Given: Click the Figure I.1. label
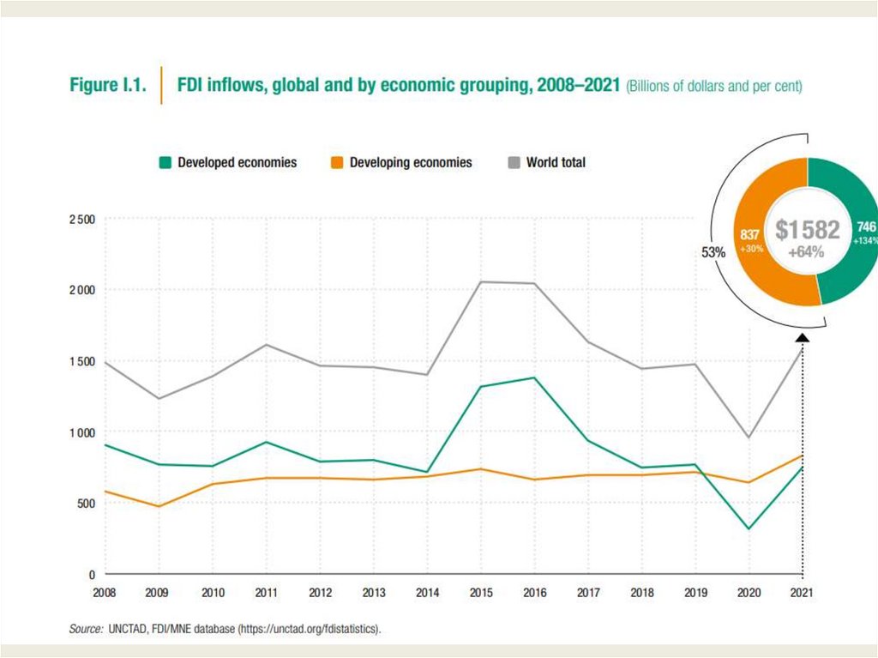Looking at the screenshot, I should [107, 86].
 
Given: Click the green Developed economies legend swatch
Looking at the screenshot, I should [166, 162].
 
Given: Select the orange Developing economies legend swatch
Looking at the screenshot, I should [338, 162].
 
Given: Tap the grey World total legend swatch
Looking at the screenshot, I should [514, 162].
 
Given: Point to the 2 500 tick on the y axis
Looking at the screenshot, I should [82, 220].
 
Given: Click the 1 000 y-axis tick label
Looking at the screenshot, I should [82, 432].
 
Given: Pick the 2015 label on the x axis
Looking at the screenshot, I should [480, 593].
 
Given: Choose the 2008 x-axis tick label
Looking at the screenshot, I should [105, 593].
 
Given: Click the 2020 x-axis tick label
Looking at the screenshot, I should [749, 593].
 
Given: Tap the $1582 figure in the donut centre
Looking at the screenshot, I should [807, 230].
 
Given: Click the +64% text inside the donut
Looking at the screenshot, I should [807, 252].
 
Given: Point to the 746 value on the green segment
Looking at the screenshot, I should [866, 227].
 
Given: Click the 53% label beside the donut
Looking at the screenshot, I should [713, 252].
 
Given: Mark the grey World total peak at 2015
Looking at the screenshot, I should [480, 281].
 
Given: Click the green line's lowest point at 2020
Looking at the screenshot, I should [749, 528].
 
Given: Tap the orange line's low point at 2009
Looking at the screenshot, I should [159, 506].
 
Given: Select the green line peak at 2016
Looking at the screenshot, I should [534, 377].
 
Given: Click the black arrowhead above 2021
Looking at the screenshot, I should [803, 338].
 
